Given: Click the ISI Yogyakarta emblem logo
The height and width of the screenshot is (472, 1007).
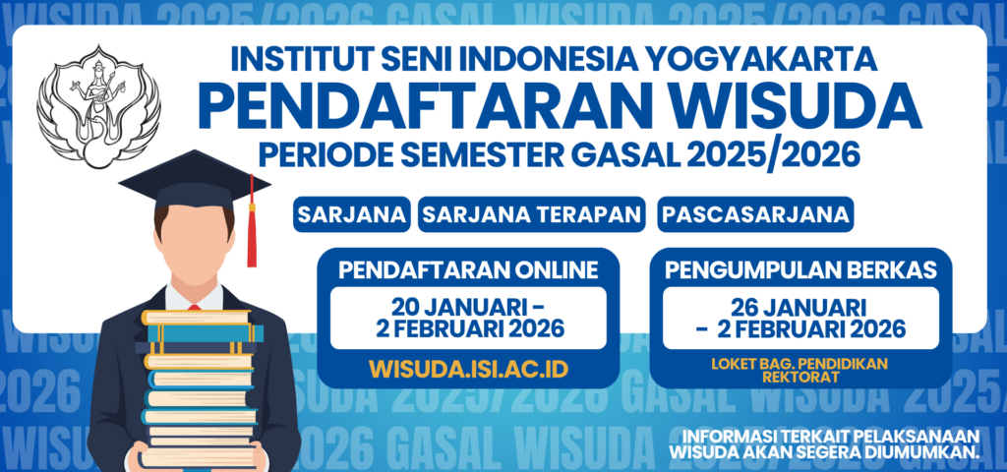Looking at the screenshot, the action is coord(98,106).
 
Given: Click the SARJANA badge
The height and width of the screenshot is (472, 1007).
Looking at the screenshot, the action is coord(352,214).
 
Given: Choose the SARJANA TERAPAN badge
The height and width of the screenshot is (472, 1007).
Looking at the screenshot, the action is coord(532,214).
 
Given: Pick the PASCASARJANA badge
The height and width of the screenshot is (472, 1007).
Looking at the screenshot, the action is coord(755,214).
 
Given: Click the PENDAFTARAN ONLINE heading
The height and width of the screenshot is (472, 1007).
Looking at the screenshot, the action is coord(468,270).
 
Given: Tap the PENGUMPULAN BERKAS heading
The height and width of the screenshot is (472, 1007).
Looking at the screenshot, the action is coord(800,270).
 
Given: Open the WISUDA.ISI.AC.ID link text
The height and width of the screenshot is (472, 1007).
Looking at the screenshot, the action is coord(468,369).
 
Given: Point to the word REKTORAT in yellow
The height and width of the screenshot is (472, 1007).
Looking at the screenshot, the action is coord(800,377).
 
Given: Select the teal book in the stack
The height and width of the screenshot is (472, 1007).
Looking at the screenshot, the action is coord(206,333).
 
